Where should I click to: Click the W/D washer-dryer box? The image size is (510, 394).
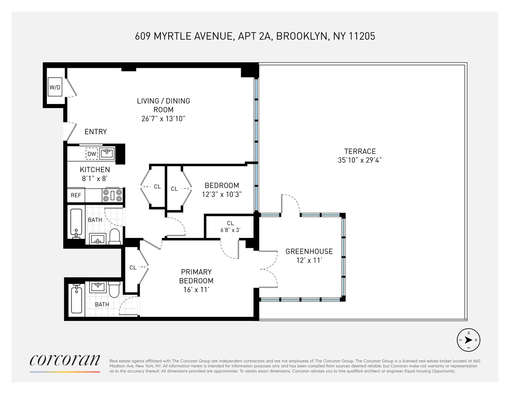pyautogui.click(x=55, y=87)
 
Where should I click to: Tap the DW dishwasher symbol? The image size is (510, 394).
pyautogui.click(x=91, y=154)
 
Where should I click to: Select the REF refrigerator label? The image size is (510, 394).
pyautogui.click(x=76, y=195)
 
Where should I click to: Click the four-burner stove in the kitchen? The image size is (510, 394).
pyautogui.click(x=113, y=195)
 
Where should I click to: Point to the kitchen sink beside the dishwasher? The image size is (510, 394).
pyautogui.click(x=107, y=153)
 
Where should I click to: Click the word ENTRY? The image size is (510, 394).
pyautogui.click(x=95, y=132)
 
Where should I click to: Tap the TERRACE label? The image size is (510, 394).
pyautogui.click(x=360, y=151)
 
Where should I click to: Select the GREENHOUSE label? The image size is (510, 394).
pyautogui.click(x=309, y=251)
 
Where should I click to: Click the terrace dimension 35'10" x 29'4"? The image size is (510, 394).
pyautogui.click(x=360, y=160)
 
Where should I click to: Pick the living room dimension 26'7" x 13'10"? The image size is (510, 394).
pyautogui.click(x=163, y=119)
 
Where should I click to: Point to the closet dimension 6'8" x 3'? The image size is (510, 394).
pyautogui.click(x=230, y=230)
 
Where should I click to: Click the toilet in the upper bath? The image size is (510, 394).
pyautogui.click(x=115, y=236)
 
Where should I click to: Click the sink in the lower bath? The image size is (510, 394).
pyautogui.click(x=98, y=287)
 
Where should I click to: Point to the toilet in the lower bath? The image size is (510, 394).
pyautogui.click(x=114, y=290)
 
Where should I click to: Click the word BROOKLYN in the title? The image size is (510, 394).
pyautogui.click(x=302, y=36)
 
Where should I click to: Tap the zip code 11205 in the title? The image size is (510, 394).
pyautogui.click(x=362, y=36)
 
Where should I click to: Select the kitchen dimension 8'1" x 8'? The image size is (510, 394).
pyautogui.click(x=95, y=179)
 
